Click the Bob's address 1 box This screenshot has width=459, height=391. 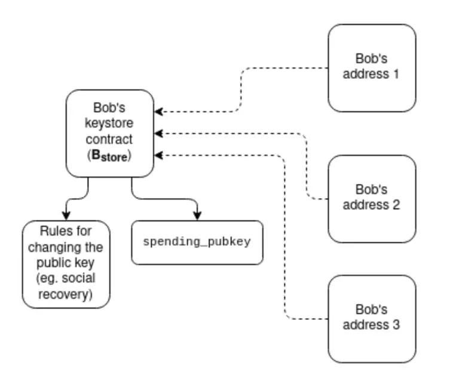click(372, 68)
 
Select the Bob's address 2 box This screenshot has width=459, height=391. click(372, 199)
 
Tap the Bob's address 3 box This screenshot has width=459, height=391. click(372, 319)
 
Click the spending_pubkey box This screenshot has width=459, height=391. click(197, 242)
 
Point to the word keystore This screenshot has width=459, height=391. click(109, 123)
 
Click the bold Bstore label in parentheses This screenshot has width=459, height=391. click(109, 156)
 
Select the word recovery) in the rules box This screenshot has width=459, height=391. click(66, 294)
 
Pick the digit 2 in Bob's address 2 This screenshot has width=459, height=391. click(396, 205)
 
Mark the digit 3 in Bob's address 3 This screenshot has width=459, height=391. click(396, 325)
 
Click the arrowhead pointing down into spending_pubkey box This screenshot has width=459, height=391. click(197, 216)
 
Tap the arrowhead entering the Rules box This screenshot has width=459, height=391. click(66, 216)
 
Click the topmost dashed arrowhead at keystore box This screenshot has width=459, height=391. click(158, 112)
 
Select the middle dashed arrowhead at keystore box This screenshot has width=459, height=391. click(158, 133)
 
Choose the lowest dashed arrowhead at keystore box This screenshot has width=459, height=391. click(158, 155)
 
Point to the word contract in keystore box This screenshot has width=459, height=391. click(109, 139)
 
